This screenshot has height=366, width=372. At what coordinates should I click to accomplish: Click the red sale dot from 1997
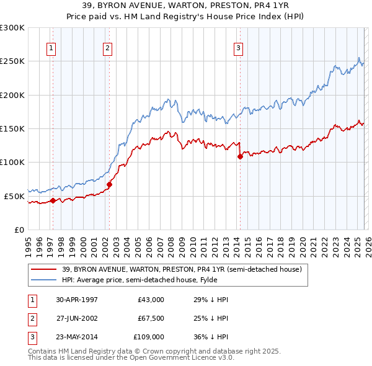click(53, 200)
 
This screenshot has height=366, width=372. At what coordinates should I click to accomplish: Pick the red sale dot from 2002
click(109, 184)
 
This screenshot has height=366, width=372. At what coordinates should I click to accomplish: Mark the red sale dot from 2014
click(240, 156)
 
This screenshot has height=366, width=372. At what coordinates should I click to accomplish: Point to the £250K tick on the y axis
click(12, 61)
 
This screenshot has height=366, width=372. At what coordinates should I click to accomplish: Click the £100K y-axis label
click(12, 162)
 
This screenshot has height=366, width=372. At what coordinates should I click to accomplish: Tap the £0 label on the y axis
click(19, 230)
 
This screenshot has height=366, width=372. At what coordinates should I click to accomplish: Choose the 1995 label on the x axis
click(29, 243)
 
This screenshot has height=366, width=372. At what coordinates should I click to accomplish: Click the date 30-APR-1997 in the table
click(77, 300)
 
